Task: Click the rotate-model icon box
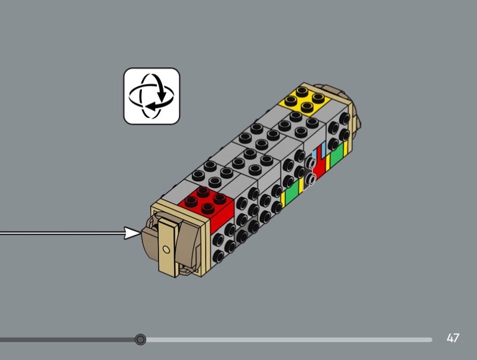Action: [x=151, y=96]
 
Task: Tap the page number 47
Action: [x=453, y=338]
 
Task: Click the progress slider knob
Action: [x=140, y=339]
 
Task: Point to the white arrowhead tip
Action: [x=141, y=234]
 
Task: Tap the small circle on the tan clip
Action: [x=166, y=250]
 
